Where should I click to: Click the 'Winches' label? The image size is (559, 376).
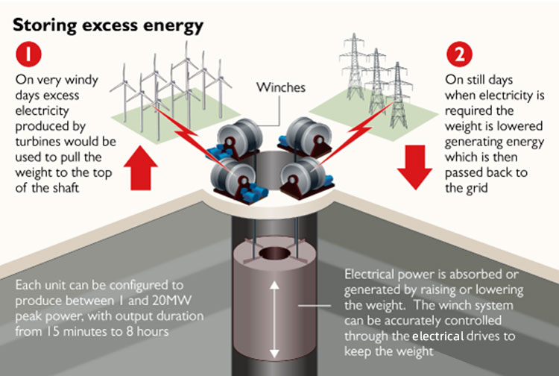pos(280,88)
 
